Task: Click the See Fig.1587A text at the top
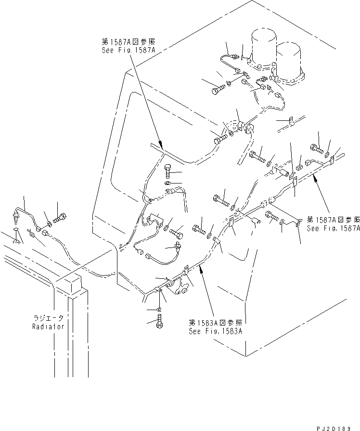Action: [x=127, y=50]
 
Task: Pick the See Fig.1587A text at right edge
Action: [x=333, y=229]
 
